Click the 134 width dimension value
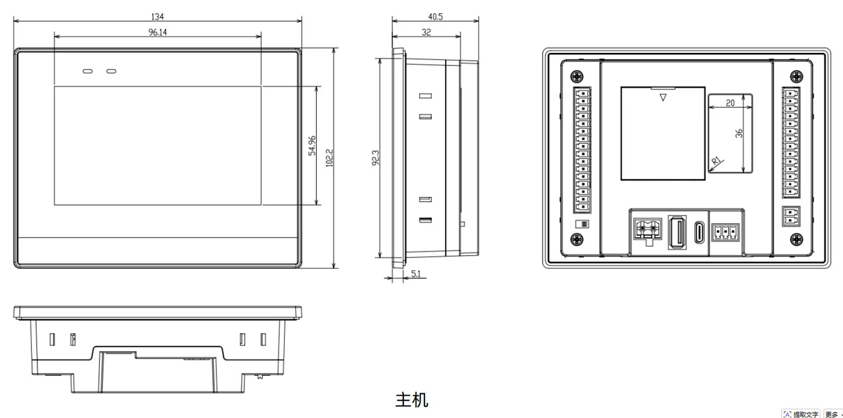[157, 17]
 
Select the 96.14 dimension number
[157, 32]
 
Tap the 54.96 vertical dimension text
[312, 146]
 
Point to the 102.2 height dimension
[329, 158]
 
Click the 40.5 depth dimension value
[435, 17]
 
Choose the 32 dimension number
[426, 32]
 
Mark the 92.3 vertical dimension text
[375, 158]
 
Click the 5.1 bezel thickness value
[416, 274]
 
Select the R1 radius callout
[717, 161]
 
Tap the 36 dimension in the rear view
[739, 134]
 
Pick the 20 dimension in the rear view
[730, 103]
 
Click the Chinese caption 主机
[412, 400]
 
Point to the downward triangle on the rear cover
[663, 97]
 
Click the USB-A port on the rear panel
[677, 232]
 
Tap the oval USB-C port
[699, 233]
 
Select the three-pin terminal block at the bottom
[725, 233]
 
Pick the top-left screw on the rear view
[577, 77]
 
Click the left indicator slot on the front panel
[88, 71]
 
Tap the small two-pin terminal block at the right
[791, 216]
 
